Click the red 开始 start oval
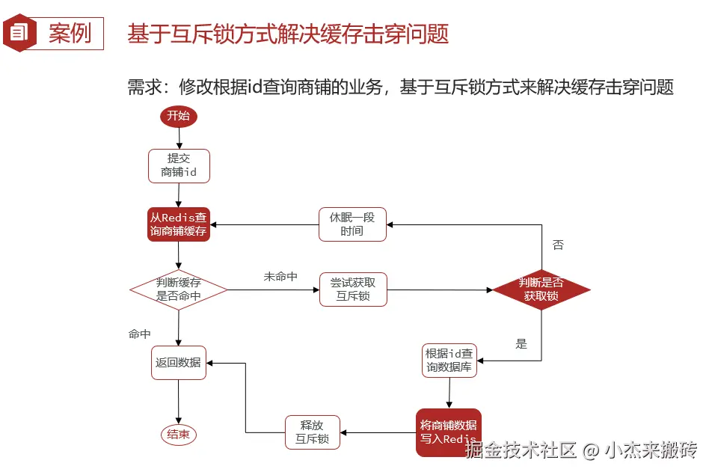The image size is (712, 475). click(x=178, y=116)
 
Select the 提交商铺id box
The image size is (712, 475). click(x=179, y=165)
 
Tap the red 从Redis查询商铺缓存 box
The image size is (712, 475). click(x=179, y=224)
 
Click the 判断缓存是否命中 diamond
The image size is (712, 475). click(x=179, y=289)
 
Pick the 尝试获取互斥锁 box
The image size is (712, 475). click(x=353, y=289)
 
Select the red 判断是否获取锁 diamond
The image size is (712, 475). click(x=541, y=289)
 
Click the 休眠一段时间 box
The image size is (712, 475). click(x=352, y=224)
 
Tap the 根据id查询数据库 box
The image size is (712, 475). click(x=449, y=360)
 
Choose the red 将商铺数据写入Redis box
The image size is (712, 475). click(x=448, y=432)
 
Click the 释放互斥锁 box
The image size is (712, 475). click(x=313, y=432)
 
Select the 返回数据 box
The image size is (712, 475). click(x=179, y=362)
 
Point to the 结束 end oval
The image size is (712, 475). click(x=179, y=435)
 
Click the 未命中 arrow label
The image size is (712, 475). click(x=280, y=277)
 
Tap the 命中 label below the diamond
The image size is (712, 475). click(x=140, y=334)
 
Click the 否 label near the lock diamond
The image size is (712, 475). click(x=558, y=245)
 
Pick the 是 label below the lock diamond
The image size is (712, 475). click(x=521, y=344)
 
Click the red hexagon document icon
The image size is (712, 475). click(x=19, y=32)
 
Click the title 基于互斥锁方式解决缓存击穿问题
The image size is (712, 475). click(x=288, y=34)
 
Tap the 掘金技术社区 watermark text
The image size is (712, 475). click(x=521, y=450)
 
